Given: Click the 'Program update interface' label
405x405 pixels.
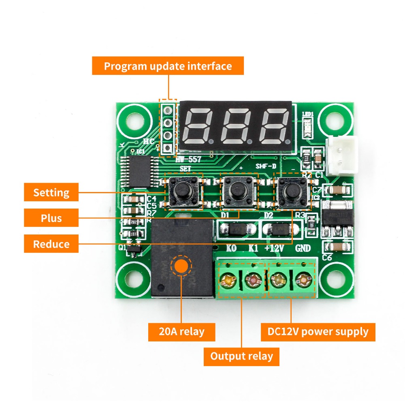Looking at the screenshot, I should coord(168,66).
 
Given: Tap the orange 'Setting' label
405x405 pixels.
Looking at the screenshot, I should coord(51,192).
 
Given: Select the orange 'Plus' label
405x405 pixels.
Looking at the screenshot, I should coord(51,218).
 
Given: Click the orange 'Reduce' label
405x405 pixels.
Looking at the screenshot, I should coord(51,244).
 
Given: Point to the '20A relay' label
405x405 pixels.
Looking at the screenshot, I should coord(181,332).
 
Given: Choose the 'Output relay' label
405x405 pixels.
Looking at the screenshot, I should coord(241,357).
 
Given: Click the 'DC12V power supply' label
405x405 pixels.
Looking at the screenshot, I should coord(318,332).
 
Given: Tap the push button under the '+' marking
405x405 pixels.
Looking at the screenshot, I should coord(238,189).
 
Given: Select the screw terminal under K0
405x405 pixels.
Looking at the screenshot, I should coord(229,279).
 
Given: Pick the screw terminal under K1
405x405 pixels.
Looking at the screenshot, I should coord(254,279).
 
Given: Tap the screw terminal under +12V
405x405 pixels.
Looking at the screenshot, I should coord(278,279).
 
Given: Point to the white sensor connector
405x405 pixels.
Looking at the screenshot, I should coord(343,156).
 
